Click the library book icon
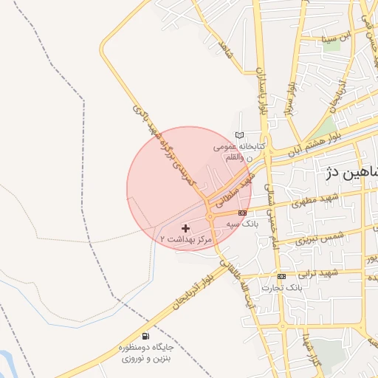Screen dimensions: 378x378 coord(238,134)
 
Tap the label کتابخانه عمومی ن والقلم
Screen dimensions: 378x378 coord(238,151)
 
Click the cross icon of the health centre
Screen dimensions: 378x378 coord(185,228)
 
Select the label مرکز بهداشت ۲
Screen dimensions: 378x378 coord(186,240)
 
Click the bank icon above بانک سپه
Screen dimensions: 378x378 coord(242,213)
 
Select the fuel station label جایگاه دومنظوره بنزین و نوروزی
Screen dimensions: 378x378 coord(143,351)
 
